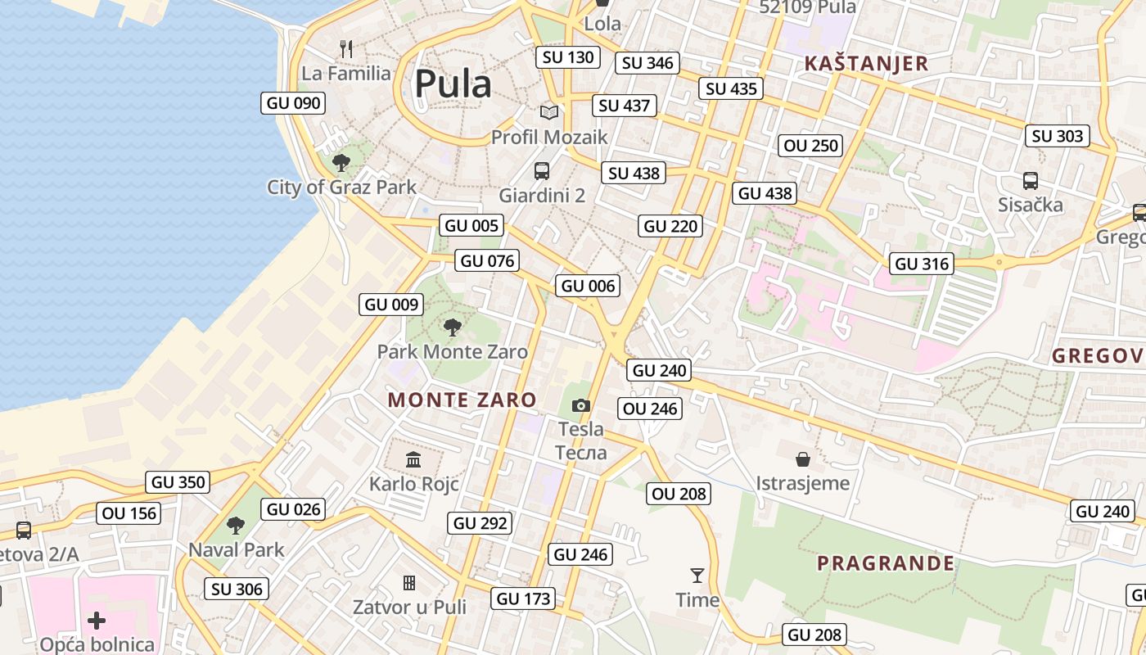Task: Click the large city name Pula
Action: (x=453, y=84)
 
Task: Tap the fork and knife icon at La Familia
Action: (x=346, y=49)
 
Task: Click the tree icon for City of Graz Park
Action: (x=341, y=162)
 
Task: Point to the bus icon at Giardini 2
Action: (x=541, y=171)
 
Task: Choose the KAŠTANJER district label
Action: (x=866, y=64)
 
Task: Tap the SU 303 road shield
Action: (x=1057, y=137)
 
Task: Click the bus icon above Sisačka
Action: (x=1030, y=181)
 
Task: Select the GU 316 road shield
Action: (x=923, y=264)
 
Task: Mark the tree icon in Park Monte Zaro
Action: (x=452, y=328)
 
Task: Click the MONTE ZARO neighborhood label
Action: (x=462, y=400)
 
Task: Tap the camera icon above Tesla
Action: (x=580, y=405)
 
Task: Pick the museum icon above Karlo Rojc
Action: (x=413, y=459)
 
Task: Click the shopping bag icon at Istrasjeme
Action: (x=803, y=459)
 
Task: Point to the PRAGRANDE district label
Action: (x=886, y=563)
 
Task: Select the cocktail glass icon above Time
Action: (x=697, y=576)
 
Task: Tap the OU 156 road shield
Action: (x=129, y=514)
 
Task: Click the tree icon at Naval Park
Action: (x=236, y=525)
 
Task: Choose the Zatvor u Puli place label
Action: (x=409, y=608)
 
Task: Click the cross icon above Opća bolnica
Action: (x=97, y=620)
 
